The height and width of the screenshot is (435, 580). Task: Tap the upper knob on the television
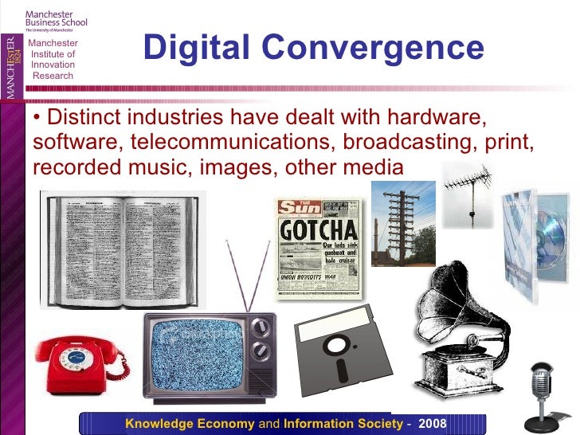(x=260, y=327)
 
